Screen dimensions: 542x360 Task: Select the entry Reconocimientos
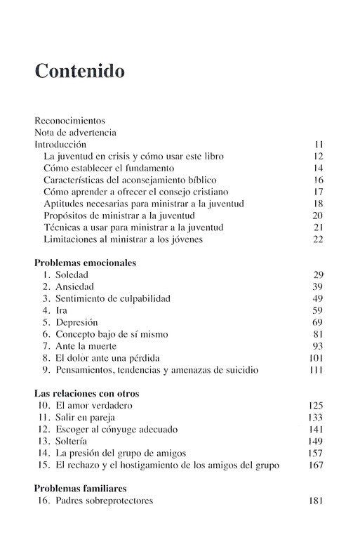tap(69, 120)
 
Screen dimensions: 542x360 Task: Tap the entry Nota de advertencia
tap(75, 132)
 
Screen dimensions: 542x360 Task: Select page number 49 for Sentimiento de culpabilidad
tap(316, 298)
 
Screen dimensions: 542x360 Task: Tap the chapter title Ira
tap(63, 310)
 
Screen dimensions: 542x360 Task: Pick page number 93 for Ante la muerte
tap(316, 346)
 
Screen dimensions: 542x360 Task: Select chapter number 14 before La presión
tap(41, 454)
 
